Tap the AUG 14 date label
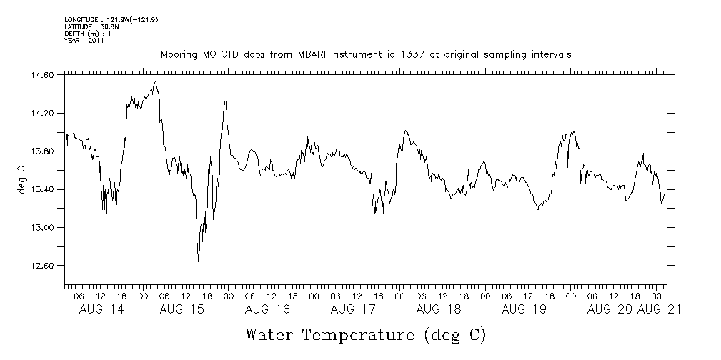tap(100, 309)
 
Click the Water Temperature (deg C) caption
tap(365, 335)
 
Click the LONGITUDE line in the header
tap(111, 20)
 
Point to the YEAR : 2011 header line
tap(84, 41)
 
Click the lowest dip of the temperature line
tap(199, 266)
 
